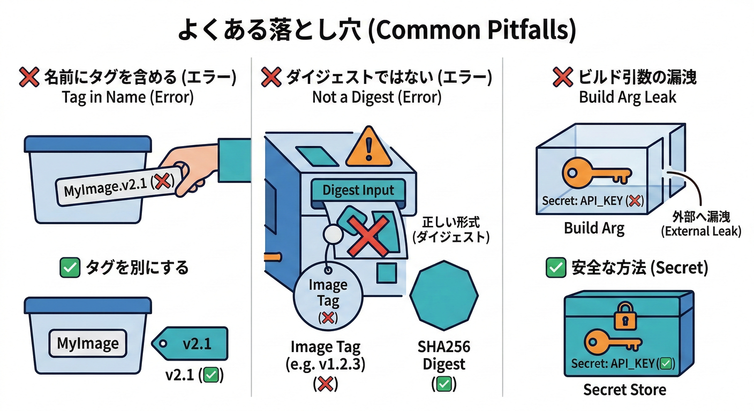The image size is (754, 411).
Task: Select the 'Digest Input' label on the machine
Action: click(x=358, y=190)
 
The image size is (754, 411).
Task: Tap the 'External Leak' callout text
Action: click(x=700, y=232)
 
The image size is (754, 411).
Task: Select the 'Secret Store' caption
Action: click(x=624, y=389)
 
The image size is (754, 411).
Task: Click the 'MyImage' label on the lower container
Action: click(x=88, y=343)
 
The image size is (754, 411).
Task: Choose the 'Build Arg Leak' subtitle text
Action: click(x=628, y=97)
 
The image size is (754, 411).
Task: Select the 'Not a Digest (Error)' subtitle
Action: click(x=376, y=97)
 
